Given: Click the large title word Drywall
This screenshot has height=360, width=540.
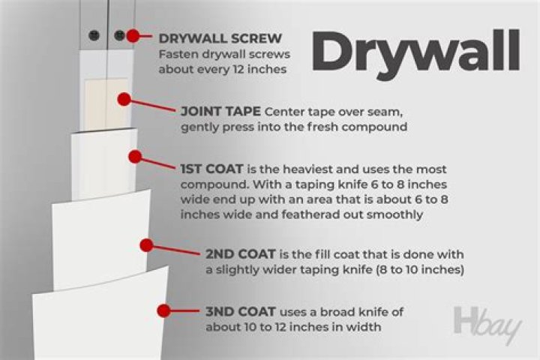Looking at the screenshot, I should (415, 51).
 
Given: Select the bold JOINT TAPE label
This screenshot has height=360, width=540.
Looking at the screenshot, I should (220, 111).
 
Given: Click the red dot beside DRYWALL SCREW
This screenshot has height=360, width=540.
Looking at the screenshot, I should (133, 35).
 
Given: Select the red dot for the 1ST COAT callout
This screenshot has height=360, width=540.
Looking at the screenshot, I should (135, 157).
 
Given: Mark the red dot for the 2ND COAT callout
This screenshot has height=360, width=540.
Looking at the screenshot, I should (147, 244).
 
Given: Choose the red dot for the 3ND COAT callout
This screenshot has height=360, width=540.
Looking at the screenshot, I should (163, 309).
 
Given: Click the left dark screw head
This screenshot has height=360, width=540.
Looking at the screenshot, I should (94, 35).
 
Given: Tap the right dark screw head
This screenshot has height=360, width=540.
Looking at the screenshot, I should (118, 35).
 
